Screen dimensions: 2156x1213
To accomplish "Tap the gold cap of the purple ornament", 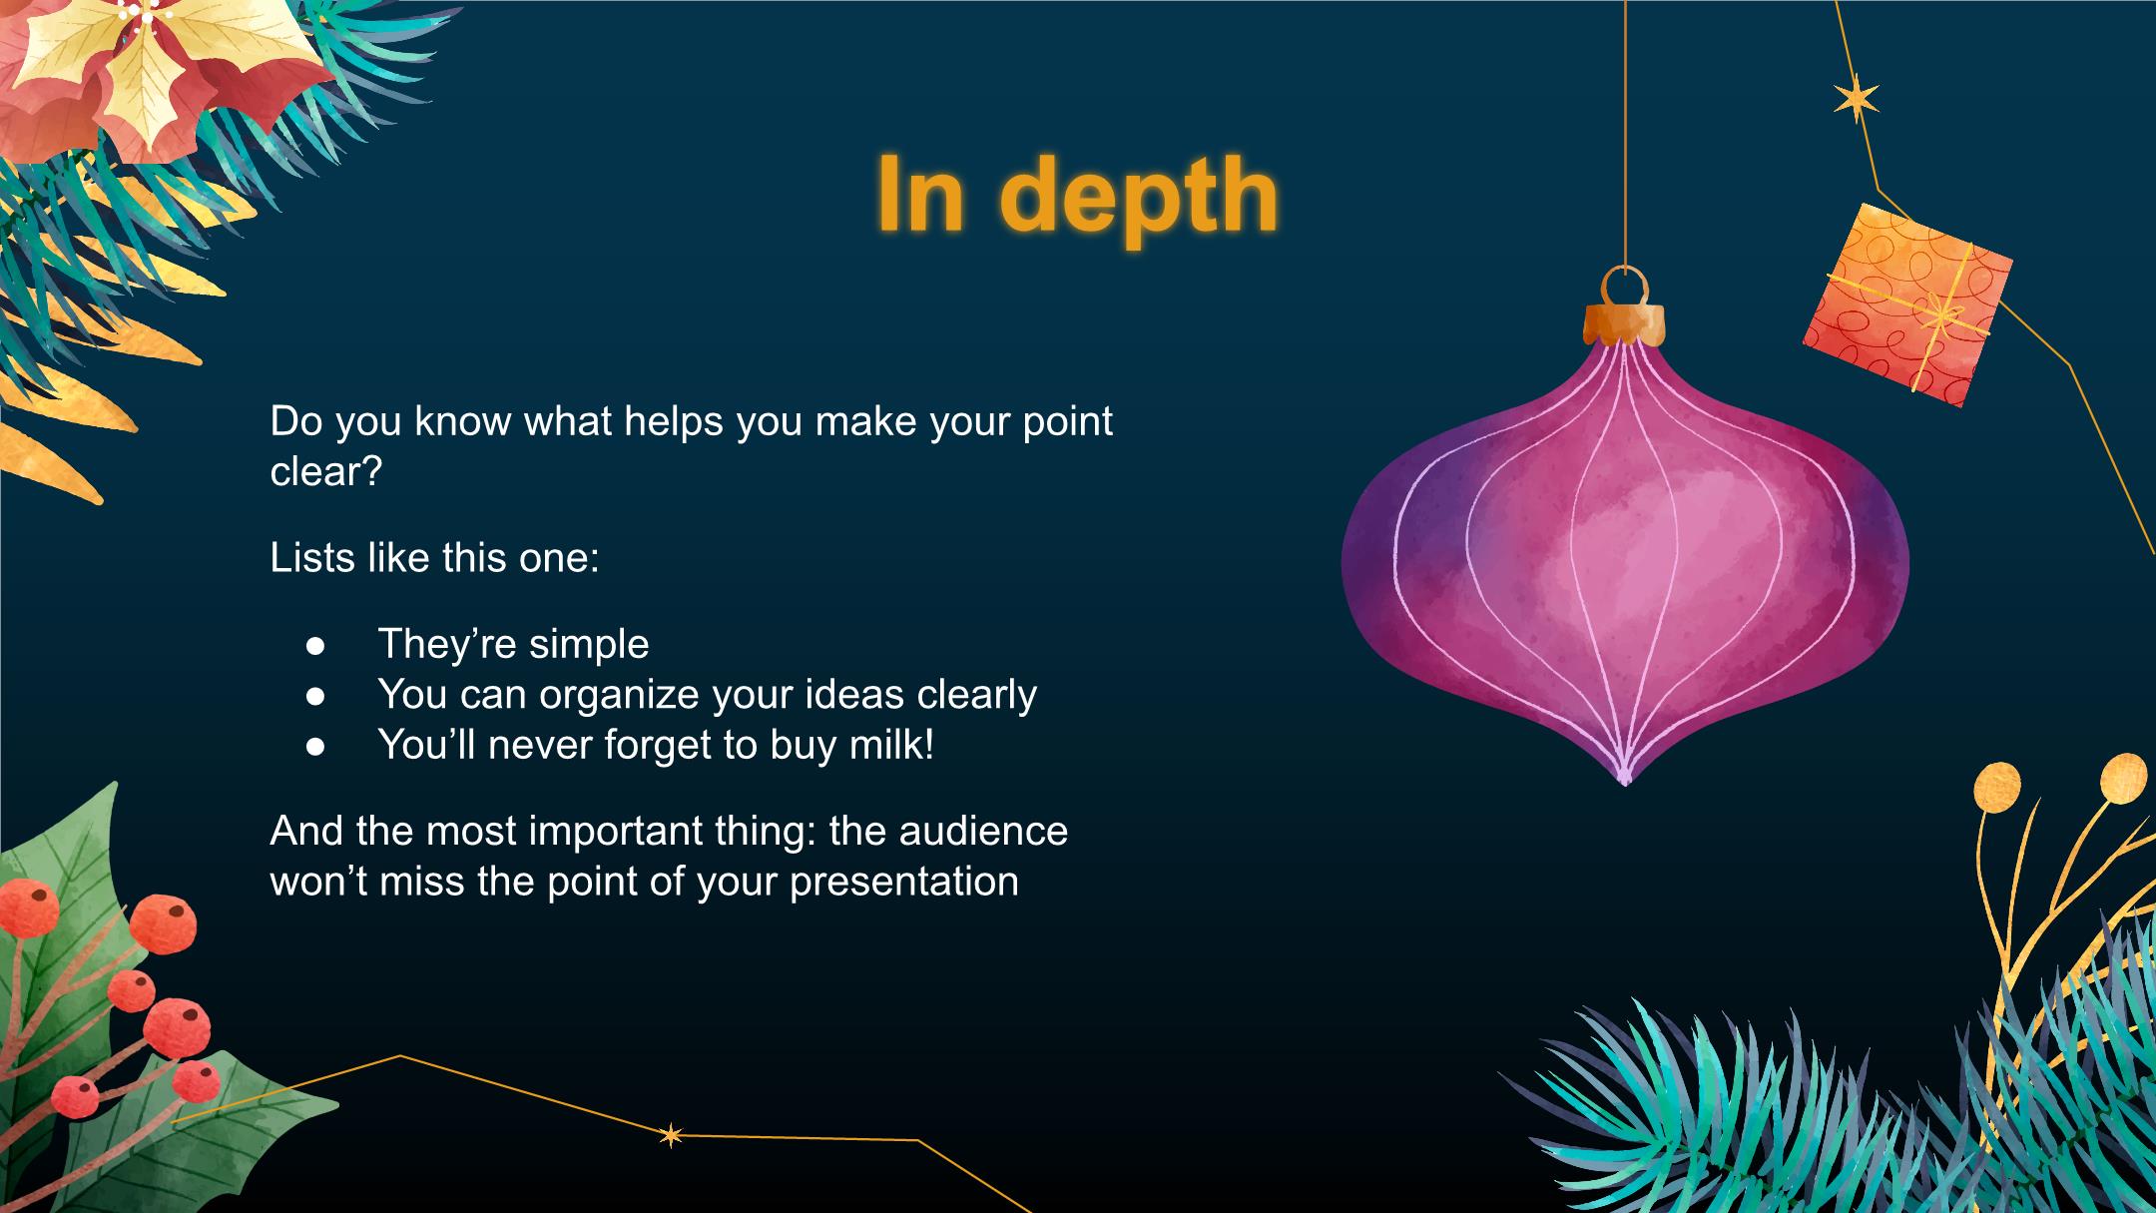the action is tap(1624, 323).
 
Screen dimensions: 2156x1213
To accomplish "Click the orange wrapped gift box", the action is tap(1906, 303).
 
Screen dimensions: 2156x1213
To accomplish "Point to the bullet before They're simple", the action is tap(315, 646).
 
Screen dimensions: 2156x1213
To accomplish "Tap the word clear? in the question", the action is tap(326, 471).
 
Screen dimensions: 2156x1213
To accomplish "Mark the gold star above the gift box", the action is tap(1857, 99).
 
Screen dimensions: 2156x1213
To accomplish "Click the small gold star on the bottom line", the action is tap(672, 1135).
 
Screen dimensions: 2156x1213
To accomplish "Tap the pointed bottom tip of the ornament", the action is tap(1624, 782).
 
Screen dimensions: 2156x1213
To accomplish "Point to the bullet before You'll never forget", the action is tap(315, 746).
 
